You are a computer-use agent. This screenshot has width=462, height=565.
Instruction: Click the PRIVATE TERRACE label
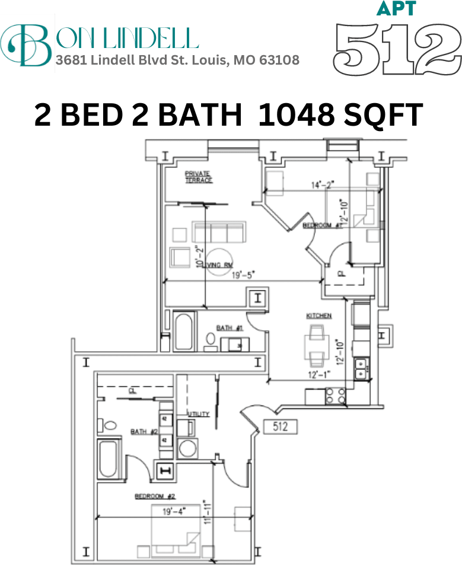pyautogui.click(x=198, y=177)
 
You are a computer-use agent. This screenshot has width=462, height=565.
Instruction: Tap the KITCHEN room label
pyautogui.click(x=318, y=316)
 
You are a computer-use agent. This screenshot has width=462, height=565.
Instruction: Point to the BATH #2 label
pyautogui.click(x=144, y=432)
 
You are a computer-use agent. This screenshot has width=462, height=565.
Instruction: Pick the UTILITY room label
pyautogui.click(x=199, y=414)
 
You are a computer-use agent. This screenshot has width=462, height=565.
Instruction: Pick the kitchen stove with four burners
pyautogui.click(x=335, y=396)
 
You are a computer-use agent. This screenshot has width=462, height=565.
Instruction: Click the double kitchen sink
pyautogui.click(x=361, y=368)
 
